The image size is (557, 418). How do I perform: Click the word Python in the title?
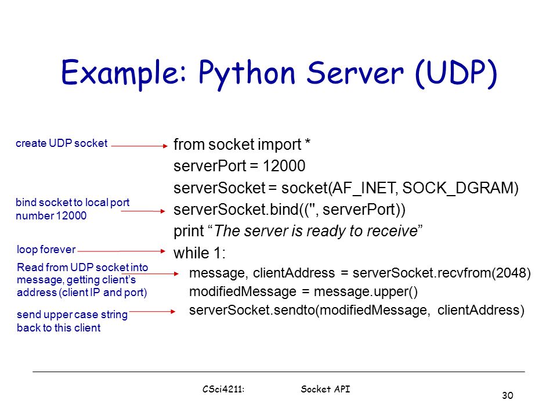point(247,74)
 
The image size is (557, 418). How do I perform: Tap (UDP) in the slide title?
point(456,73)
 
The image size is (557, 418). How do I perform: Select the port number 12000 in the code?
point(284,166)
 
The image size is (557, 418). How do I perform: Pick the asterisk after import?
point(308,142)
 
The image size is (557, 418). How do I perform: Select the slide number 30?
point(508,395)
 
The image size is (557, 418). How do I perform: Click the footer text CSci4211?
point(223,389)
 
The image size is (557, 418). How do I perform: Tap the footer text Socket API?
point(325,389)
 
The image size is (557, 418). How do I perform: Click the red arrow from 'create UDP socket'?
point(139,146)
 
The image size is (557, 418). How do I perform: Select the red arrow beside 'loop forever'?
point(121,251)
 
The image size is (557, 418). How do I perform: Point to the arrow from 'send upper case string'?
point(153,312)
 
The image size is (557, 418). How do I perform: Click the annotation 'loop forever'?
point(46,250)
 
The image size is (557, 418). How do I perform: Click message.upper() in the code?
point(366,292)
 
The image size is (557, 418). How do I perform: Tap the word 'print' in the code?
point(189,232)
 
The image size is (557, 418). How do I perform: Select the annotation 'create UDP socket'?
point(62,143)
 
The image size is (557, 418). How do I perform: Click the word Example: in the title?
point(124,73)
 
